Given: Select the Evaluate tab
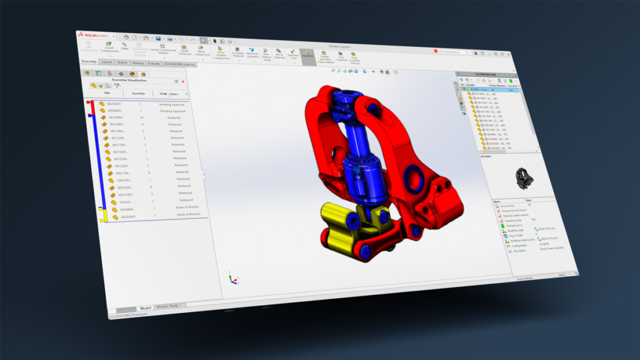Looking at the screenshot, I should [x=153, y=63].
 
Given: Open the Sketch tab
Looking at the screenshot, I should [x=122, y=62].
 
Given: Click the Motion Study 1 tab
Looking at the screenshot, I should [x=168, y=306].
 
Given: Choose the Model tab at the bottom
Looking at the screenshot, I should [x=145, y=307].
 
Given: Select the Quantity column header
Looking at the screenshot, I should [x=138, y=93].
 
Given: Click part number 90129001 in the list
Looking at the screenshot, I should [x=116, y=117].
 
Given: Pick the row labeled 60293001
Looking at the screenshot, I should [x=127, y=217].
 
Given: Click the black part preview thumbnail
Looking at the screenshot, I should [x=524, y=179].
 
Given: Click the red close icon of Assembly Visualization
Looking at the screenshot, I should [x=184, y=81].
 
